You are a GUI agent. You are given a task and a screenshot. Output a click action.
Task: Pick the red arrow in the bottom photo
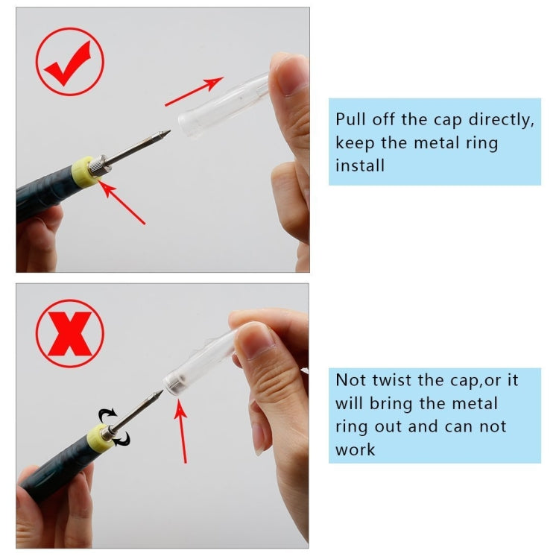click(180, 431)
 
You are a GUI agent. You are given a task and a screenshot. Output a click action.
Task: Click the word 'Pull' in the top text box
click(350, 120)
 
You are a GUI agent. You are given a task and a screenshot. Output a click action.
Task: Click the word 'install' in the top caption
click(360, 165)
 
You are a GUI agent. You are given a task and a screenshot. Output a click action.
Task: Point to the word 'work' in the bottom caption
click(356, 449)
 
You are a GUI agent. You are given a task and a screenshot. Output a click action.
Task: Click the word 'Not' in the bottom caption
click(350, 380)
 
